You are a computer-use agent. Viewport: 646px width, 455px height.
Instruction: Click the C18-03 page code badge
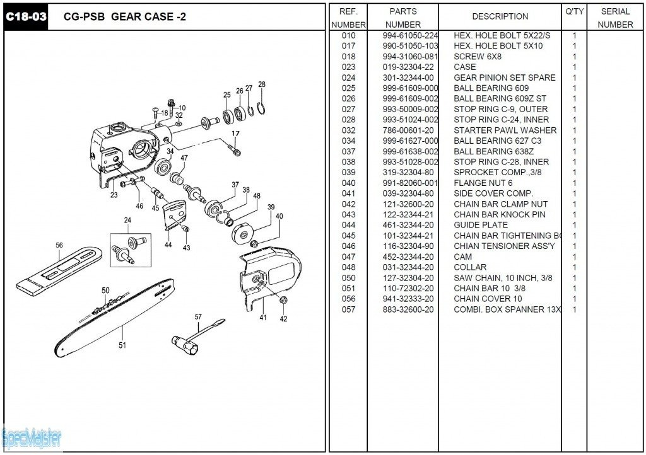point(26,17)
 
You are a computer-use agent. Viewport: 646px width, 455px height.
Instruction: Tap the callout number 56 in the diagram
point(59,246)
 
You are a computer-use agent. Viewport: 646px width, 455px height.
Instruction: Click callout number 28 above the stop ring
point(262,84)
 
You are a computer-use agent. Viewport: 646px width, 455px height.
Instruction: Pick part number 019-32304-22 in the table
point(408,67)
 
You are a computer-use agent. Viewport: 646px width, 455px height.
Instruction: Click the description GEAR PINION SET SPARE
point(505,78)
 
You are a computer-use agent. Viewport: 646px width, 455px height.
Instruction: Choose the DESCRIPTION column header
point(500,16)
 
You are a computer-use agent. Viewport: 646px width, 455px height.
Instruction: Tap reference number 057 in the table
point(348,309)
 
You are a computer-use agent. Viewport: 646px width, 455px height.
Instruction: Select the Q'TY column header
point(574,11)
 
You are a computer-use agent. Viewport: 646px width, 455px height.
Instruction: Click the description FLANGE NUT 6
point(483,183)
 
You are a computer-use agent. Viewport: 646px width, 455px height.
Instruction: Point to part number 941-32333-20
point(408,299)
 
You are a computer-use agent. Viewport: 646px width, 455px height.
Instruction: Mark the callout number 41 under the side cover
point(263,318)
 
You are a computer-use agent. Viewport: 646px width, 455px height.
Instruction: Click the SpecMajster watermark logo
point(32,437)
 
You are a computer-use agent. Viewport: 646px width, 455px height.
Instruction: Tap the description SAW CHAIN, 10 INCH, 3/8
point(502,278)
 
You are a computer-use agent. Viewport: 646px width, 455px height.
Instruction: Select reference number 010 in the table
point(348,35)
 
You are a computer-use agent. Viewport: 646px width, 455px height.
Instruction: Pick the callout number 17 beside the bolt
point(235,134)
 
